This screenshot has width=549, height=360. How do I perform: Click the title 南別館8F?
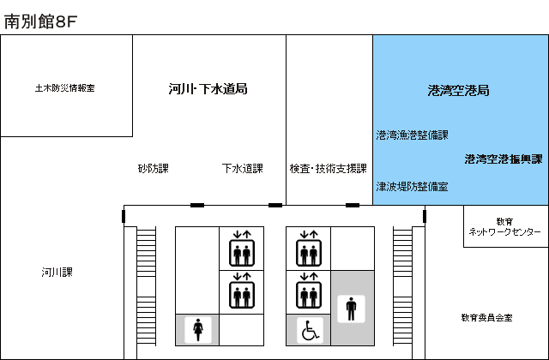40,22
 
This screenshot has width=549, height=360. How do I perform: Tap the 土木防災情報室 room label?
65,87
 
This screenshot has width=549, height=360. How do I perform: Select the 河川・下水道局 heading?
208,89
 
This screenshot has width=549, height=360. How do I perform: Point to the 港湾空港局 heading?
458,91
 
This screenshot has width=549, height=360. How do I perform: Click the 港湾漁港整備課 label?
412,135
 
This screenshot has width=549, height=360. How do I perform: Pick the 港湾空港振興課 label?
504,159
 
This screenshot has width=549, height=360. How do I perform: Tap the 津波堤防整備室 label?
412,187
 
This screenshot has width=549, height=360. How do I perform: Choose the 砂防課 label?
154,169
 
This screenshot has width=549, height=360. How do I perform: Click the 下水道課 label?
242,169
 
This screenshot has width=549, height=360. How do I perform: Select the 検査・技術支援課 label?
328,169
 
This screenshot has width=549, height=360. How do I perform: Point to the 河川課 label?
57,273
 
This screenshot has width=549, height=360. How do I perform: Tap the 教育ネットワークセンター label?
504,226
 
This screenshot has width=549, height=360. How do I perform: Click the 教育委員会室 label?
486,317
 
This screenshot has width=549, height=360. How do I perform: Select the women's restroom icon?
198,330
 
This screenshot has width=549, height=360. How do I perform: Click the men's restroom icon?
351,309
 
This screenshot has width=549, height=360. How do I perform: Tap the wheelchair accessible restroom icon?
310,330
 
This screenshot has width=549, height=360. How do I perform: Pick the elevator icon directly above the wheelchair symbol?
309,291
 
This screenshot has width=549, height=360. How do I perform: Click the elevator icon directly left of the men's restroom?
309,291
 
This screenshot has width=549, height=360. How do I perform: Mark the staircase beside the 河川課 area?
147,286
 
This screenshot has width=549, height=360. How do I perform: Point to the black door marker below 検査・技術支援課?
353,206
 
